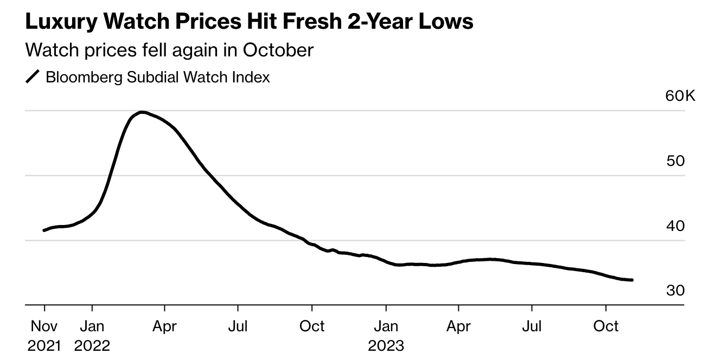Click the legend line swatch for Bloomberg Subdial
33,77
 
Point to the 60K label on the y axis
680,97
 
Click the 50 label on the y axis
675,161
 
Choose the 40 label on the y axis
675,226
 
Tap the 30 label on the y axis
675,291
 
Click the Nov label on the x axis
44,326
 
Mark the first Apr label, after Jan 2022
164,326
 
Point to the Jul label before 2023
238,326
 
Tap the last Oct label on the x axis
606,326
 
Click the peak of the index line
142,112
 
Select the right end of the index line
632,280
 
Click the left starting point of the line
44,230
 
